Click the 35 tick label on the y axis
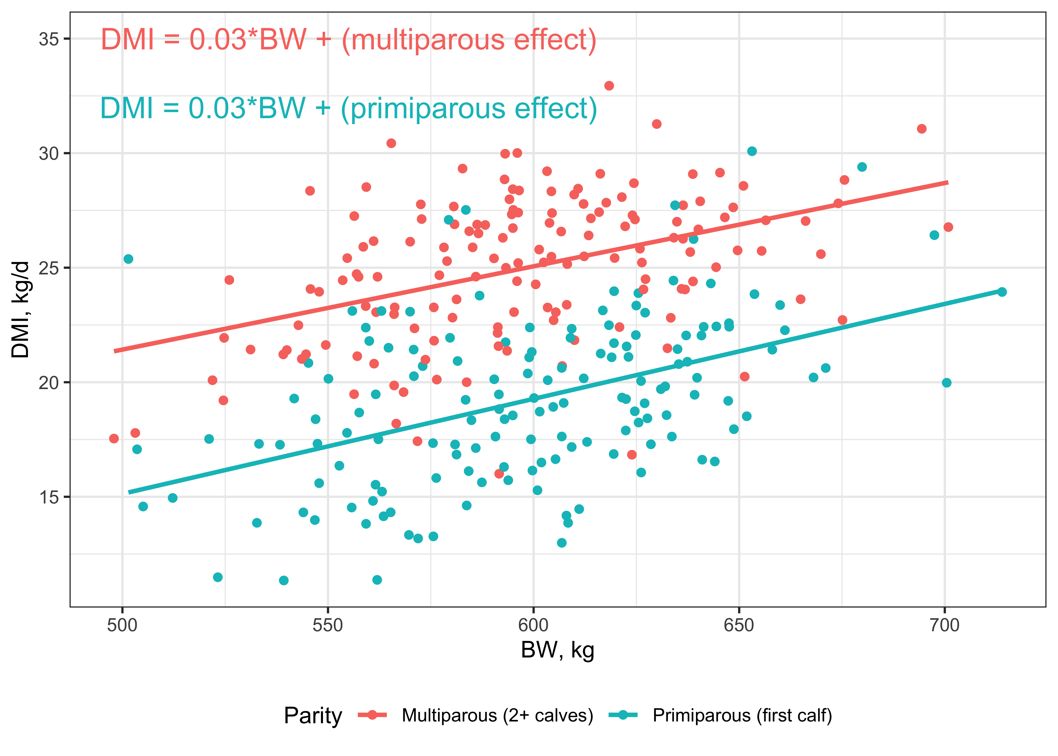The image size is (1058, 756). [x=48, y=39]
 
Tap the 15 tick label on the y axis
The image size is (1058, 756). [x=48, y=497]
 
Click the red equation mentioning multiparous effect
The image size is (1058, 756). [x=348, y=40]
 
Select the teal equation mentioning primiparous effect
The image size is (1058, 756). [x=348, y=108]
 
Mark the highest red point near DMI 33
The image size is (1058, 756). [x=609, y=86]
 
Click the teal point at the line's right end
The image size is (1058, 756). [x=1002, y=292]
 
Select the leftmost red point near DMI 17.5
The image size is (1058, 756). [x=114, y=438]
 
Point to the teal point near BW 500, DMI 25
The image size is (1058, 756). [x=128, y=259]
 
